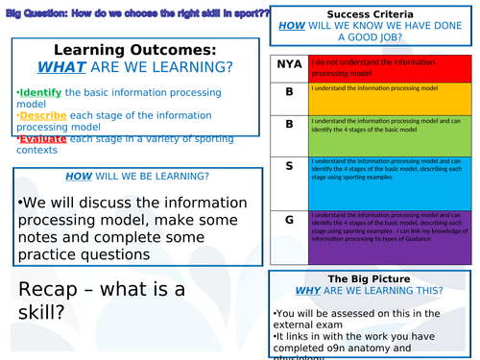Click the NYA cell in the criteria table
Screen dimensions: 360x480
[x=288, y=65]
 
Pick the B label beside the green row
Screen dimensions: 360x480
[x=288, y=125]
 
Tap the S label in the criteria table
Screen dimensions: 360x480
[x=288, y=166]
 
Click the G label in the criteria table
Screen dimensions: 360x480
[x=288, y=221]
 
